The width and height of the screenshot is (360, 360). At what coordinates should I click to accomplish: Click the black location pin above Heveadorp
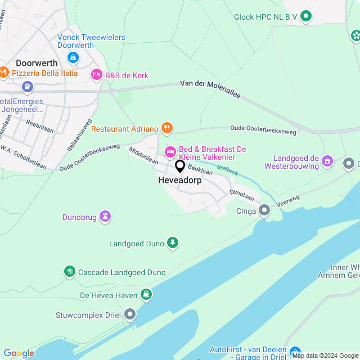tap(180, 166)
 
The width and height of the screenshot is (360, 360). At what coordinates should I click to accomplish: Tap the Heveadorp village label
tap(180, 181)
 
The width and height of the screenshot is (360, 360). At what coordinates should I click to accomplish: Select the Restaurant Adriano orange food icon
tap(166, 129)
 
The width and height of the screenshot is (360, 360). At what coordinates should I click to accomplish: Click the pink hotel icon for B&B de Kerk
tap(97, 74)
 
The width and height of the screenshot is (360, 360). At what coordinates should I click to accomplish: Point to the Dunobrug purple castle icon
tap(105, 216)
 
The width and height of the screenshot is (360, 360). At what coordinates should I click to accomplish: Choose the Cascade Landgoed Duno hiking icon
tap(69, 272)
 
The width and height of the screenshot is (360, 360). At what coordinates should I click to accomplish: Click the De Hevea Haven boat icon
tap(146, 295)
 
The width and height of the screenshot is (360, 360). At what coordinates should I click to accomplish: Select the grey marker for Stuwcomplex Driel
tap(130, 314)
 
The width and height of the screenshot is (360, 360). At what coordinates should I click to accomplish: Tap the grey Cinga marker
tap(264, 211)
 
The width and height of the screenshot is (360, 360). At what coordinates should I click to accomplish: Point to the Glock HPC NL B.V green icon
tap(306, 17)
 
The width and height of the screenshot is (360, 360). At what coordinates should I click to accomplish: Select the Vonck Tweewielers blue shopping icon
tap(73, 57)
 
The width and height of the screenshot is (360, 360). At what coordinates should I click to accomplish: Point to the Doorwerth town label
tap(37, 63)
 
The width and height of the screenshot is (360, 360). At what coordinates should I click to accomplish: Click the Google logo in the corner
tap(19, 353)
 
